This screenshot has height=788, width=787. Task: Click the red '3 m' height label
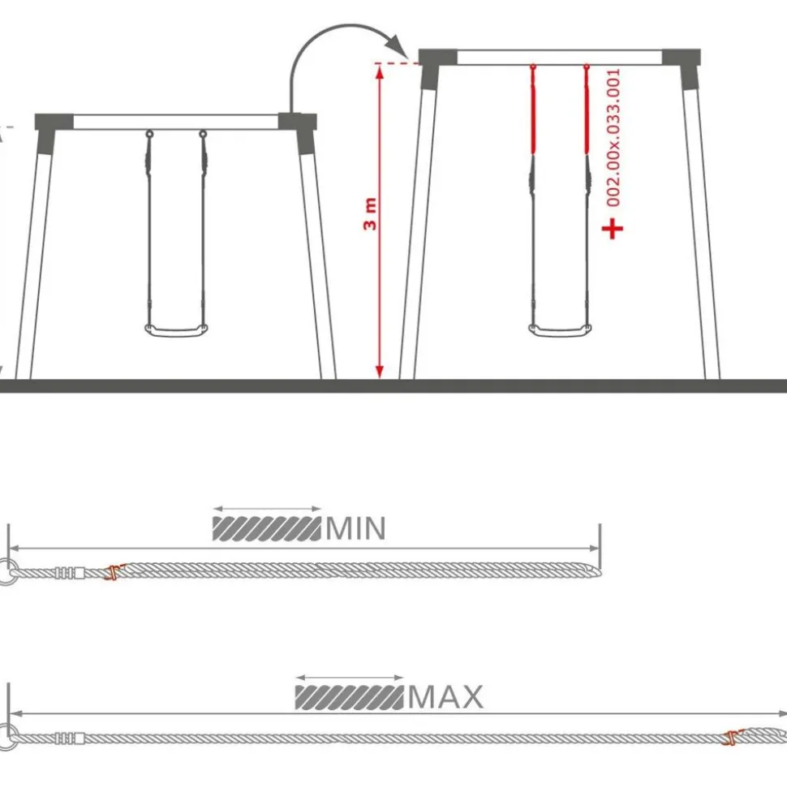[x=370, y=214]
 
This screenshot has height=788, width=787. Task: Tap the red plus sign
[x=613, y=229]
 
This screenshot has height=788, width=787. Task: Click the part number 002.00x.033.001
[x=613, y=138]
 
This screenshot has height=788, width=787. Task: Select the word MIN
[x=356, y=528]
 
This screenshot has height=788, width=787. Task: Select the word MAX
[x=445, y=697]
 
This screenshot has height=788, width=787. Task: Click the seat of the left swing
[x=176, y=330]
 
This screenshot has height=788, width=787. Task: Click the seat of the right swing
[x=560, y=329]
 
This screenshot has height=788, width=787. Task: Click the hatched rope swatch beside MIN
[x=267, y=528]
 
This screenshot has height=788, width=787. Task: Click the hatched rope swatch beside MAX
[x=349, y=698]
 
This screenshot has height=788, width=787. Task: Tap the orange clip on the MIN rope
[x=114, y=572]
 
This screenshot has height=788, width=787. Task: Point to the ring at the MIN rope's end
[x=6, y=572]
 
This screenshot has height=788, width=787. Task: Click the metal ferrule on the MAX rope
[x=69, y=738]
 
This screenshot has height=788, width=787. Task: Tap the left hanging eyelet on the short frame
[x=149, y=134]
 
